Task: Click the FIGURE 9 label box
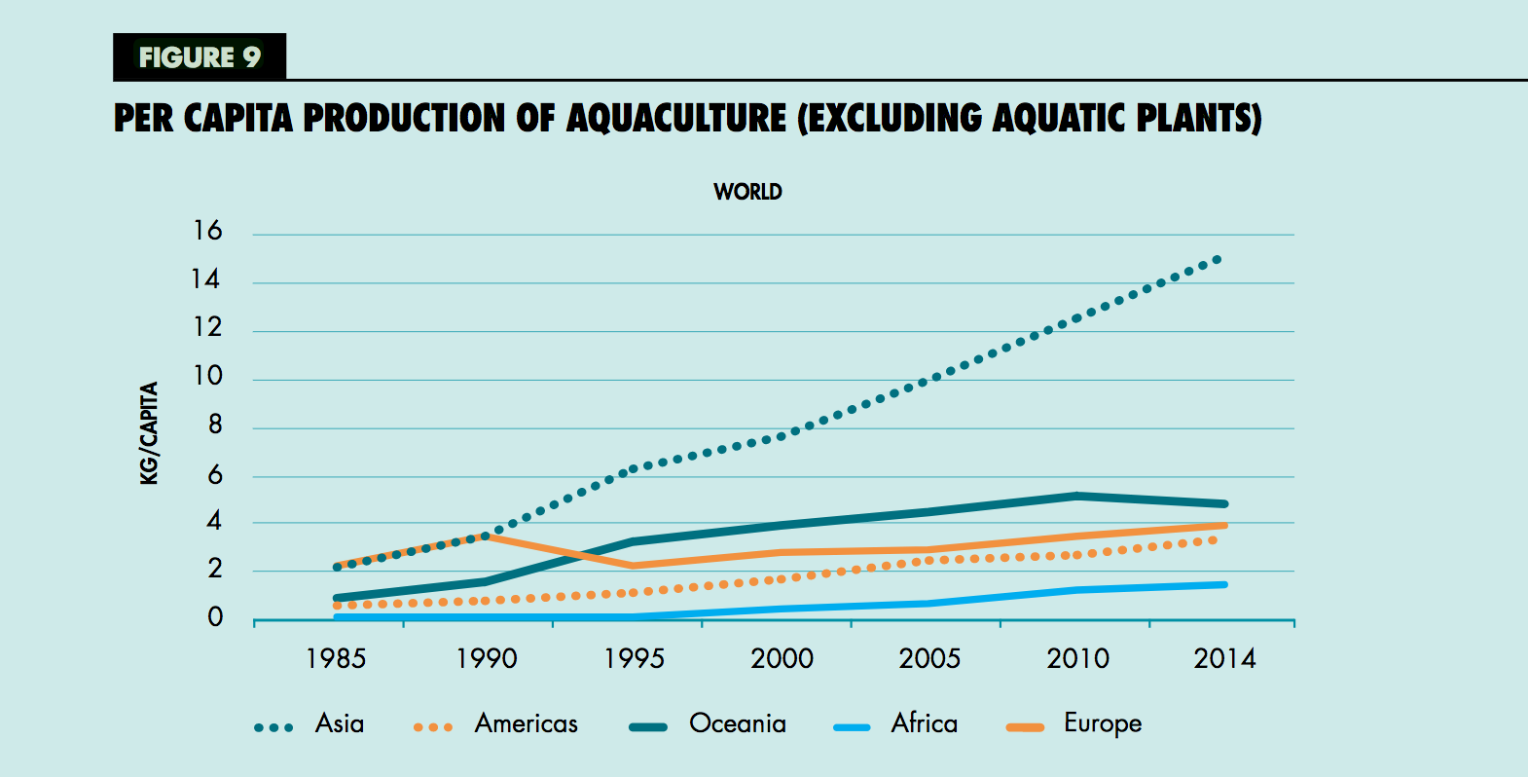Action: tap(200, 57)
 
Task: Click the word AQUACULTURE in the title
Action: tap(675, 119)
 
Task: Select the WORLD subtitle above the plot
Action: tap(747, 192)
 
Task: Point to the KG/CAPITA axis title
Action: tap(149, 433)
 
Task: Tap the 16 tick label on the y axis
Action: tap(207, 231)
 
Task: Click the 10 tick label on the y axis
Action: tap(207, 376)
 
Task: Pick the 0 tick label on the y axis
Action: tap(215, 617)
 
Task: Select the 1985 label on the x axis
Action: tap(336, 659)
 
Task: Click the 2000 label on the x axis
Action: tap(782, 659)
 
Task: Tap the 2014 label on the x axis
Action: tap(1224, 659)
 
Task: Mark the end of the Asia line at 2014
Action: tap(1218, 260)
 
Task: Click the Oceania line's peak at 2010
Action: tap(1076, 496)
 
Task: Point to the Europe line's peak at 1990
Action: tap(485, 536)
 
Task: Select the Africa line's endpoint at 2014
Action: tap(1223, 584)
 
